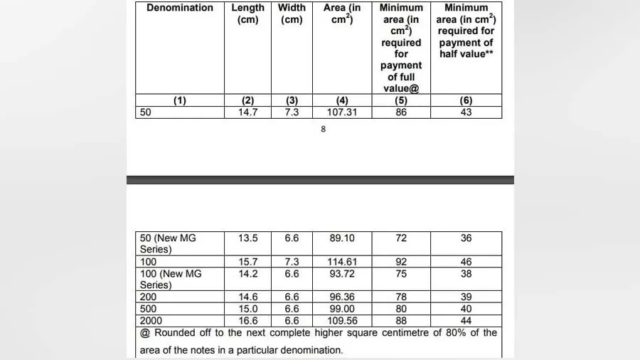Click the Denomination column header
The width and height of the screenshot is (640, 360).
pyautogui.click(x=180, y=8)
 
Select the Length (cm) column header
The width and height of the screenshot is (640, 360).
pyautogui.click(x=247, y=14)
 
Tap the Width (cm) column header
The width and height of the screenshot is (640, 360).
pyautogui.click(x=292, y=14)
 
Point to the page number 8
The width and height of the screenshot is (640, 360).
pyautogui.click(x=324, y=129)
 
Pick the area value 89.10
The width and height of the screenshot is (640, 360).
pyautogui.click(x=342, y=238)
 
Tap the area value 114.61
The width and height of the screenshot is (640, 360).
pyautogui.click(x=342, y=262)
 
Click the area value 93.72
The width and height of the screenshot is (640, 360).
pyautogui.click(x=342, y=273)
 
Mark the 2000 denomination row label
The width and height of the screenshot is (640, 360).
pyautogui.click(x=151, y=321)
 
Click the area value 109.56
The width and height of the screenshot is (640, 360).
pyautogui.click(x=342, y=321)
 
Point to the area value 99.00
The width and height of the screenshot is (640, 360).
pyautogui.click(x=342, y=309)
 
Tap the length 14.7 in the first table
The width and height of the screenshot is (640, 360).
pyautogui.click(x=247, y=112)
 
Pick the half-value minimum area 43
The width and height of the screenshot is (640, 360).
pyautogui.click(x=466, y=112)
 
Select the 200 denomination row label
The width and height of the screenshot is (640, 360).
pyautogui.click(x=149, y=297)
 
